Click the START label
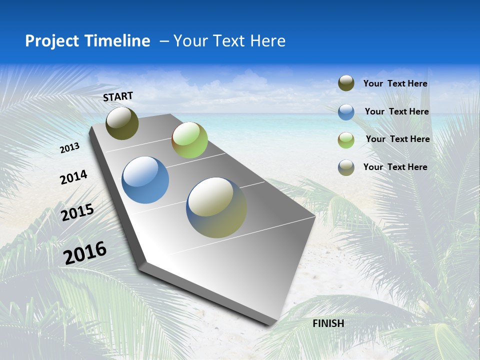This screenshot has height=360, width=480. coord(118,96)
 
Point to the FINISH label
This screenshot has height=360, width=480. coord(328,323)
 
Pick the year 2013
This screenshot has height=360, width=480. coord(70,148)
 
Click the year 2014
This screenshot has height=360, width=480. coord(73,177)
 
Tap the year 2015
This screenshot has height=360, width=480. coord(77,212)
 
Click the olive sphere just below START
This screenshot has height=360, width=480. coord(122,123)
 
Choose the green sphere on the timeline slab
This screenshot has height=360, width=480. coord(189,140)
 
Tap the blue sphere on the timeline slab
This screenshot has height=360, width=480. coord(145,180)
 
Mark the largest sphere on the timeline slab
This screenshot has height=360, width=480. coord(216,207)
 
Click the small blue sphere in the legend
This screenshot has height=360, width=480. coord(346,112)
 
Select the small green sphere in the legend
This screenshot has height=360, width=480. coord(346,139)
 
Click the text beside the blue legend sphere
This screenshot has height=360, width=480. coord(396,111)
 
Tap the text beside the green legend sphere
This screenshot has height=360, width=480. coord(397,139)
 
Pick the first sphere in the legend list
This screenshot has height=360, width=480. coord(346,83)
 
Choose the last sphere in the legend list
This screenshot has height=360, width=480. coord(346,167)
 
